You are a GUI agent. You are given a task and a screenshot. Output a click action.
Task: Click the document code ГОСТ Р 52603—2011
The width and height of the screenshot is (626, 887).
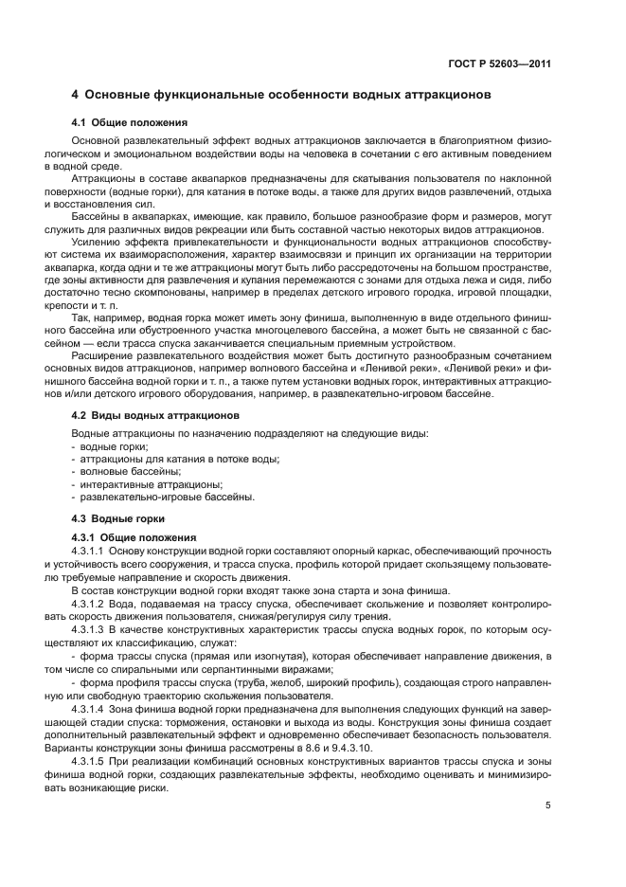tap(500, 65)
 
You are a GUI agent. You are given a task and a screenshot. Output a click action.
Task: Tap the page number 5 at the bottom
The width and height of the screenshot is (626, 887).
tap(548, 806)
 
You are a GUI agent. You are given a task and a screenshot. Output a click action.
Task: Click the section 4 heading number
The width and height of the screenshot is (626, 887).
tap(76, 96)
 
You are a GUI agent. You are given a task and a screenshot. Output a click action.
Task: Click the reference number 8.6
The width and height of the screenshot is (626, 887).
tap(311, 749)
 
